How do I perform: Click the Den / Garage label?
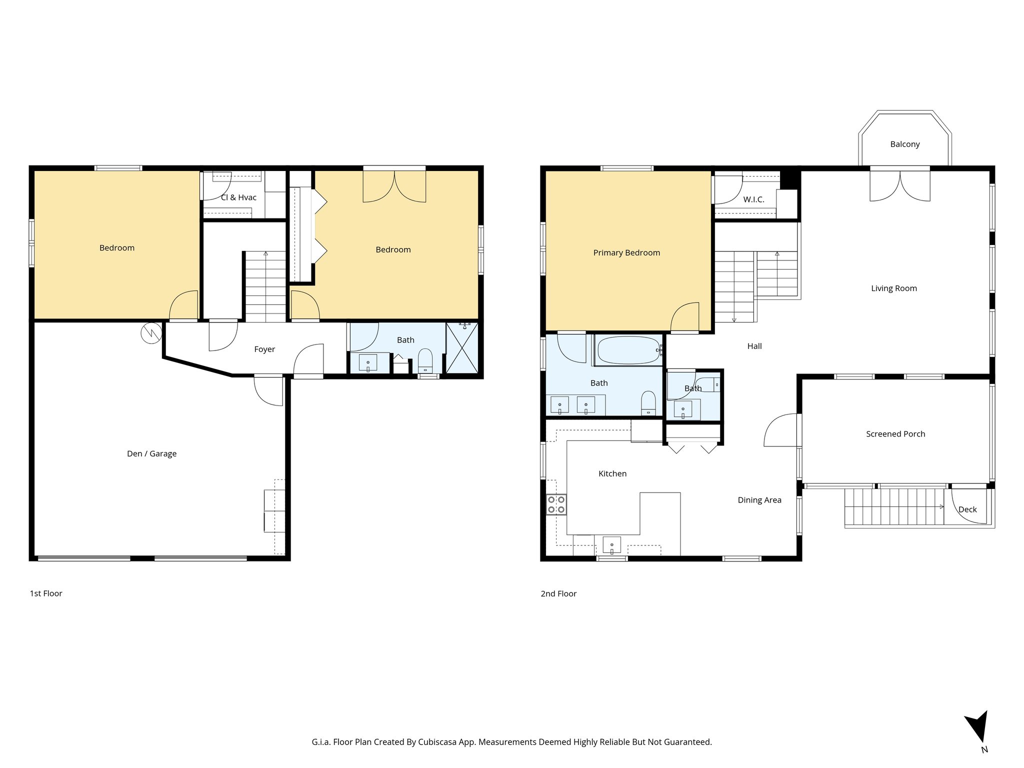click(151, 453)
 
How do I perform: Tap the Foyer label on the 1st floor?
click(264, 349)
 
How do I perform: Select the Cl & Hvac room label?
click(239, 197)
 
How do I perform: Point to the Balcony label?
click(905, 144)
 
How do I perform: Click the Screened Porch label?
click(895, 434)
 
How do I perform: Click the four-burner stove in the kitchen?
click(556, 504)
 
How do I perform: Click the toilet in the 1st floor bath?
click(425, 360)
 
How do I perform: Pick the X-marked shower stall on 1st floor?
click(462, 348)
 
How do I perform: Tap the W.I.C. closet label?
click(753, 199)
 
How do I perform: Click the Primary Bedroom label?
click(626, 252)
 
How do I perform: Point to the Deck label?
click(967, 509)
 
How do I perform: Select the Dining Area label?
click(759, 500)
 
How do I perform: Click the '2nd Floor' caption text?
click(558, 593)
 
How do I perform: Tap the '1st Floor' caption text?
click(46, 593)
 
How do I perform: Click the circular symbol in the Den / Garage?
click(150, 333)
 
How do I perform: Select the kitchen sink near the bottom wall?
click(612, 544)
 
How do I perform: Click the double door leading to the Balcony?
click(900, 186)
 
